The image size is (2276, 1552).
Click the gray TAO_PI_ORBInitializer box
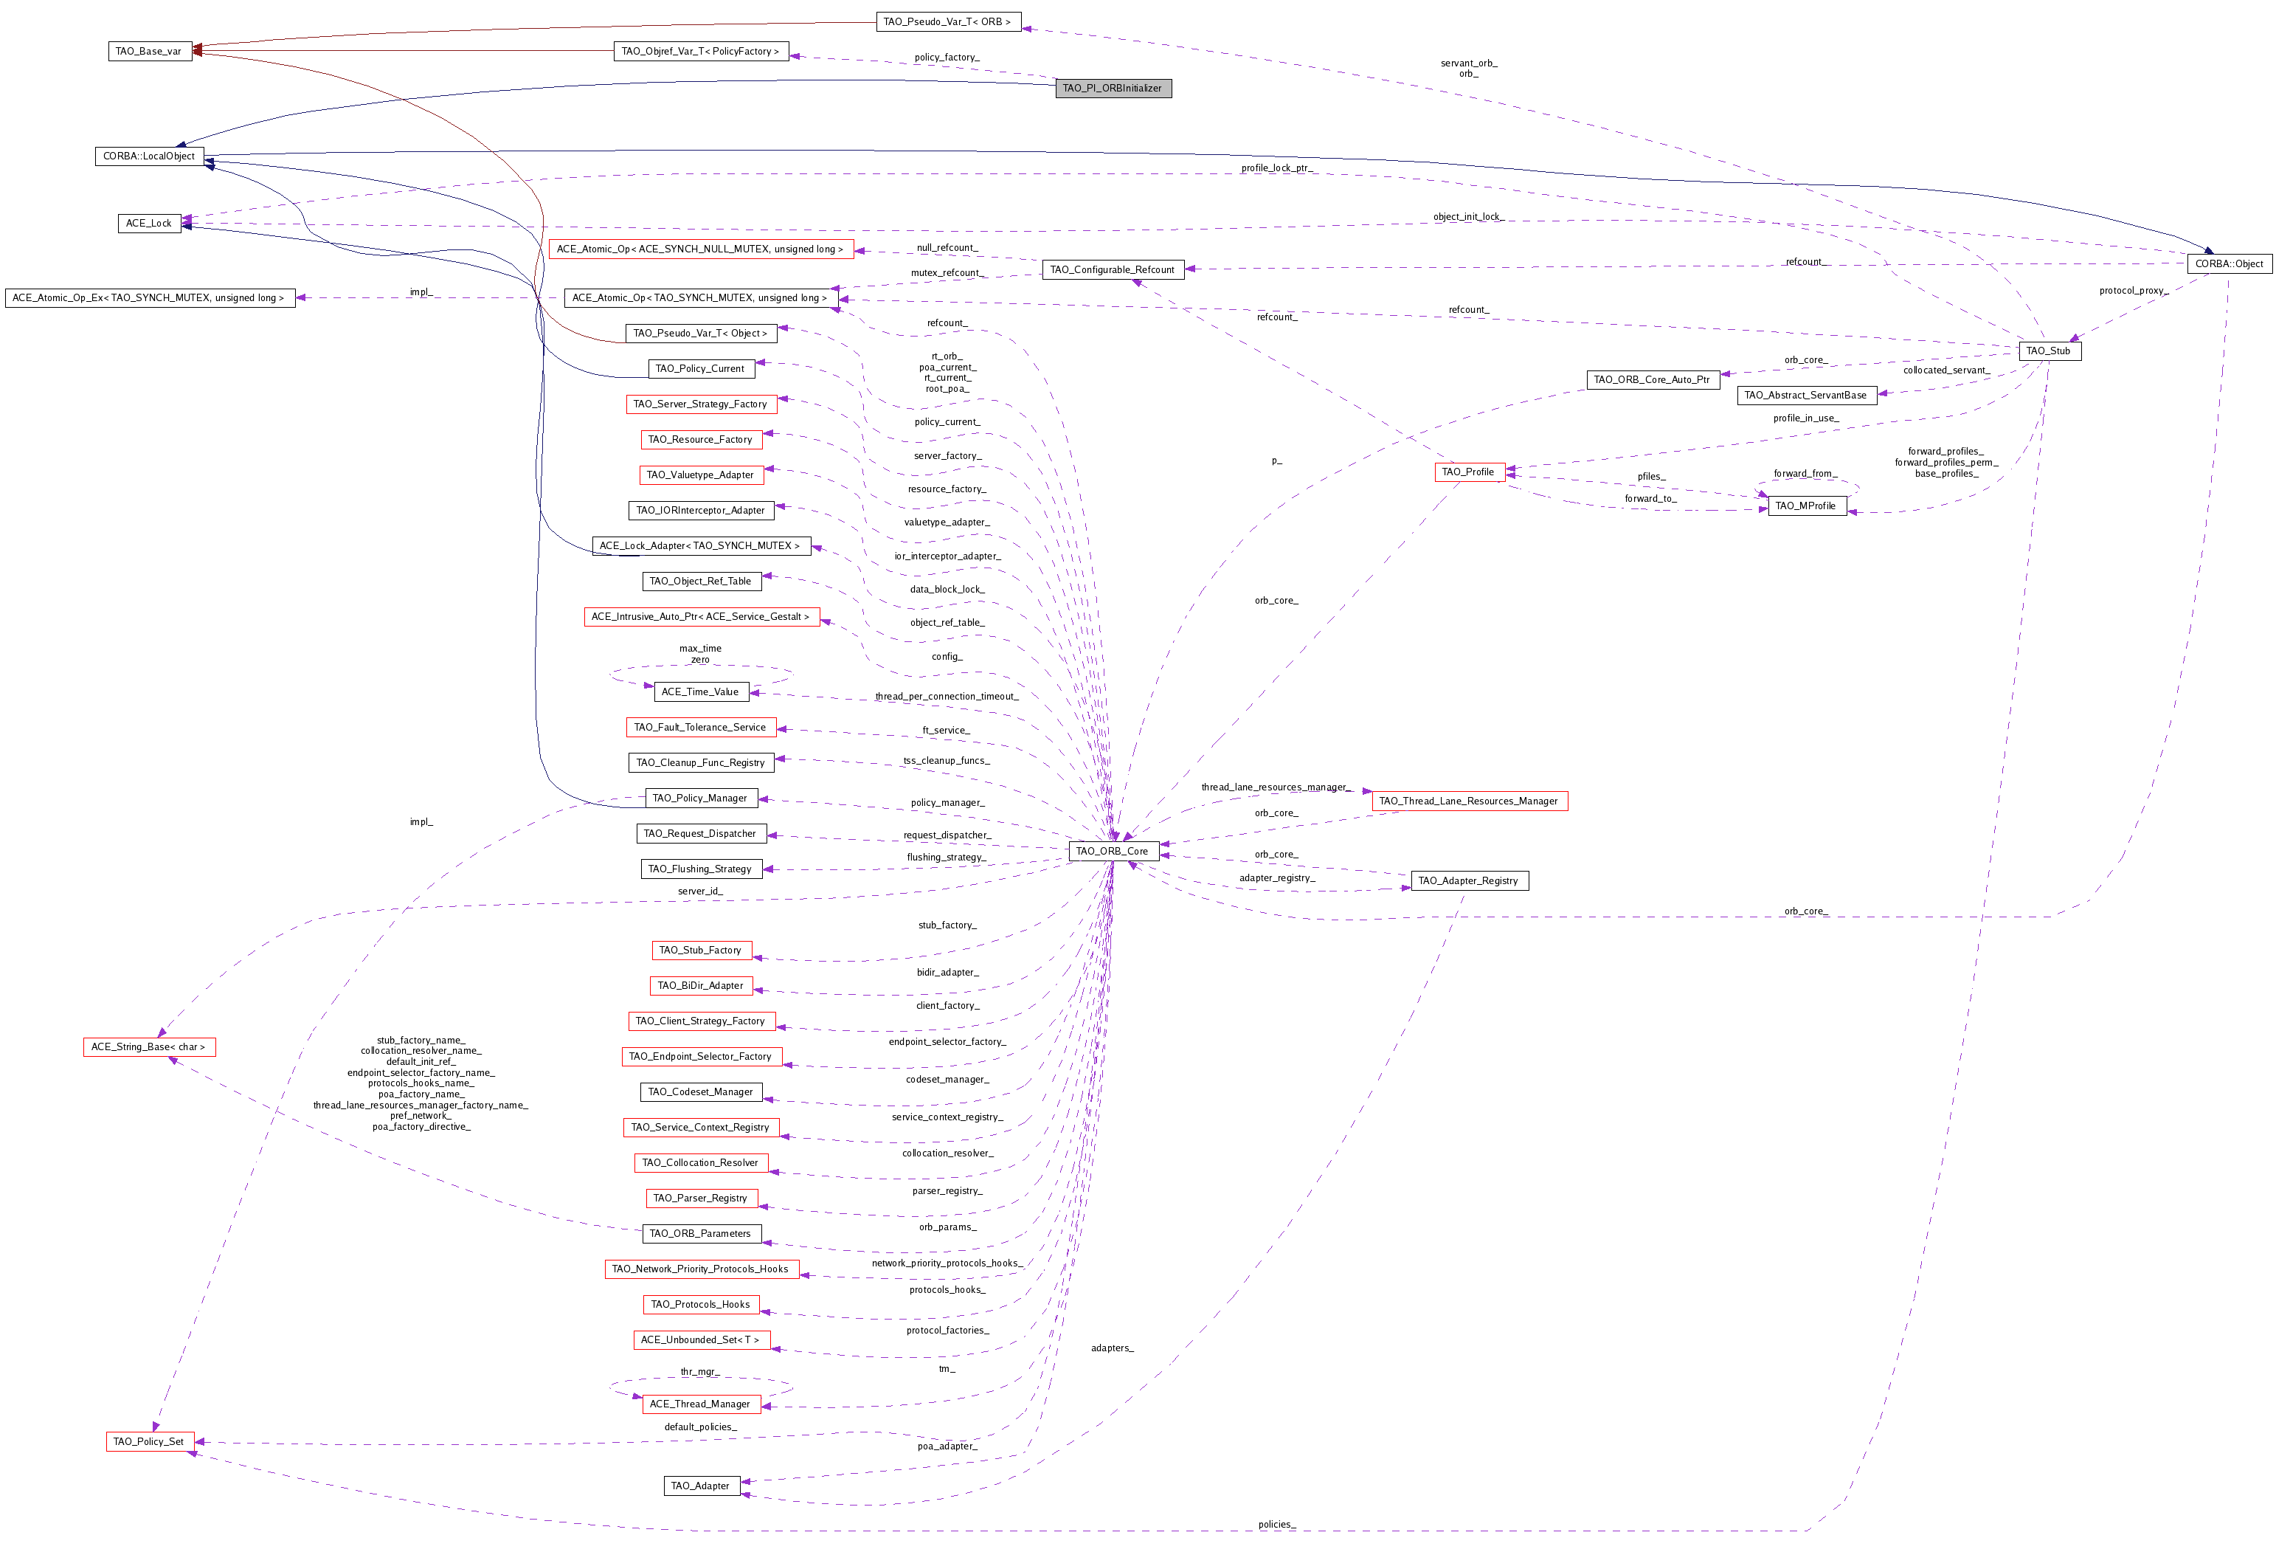pyautogui.click(x=1113, y=88)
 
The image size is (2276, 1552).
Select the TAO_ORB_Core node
pyautogui.click(x=1113, y=850)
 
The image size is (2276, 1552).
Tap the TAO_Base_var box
pyautogui.click(x=149, y=51)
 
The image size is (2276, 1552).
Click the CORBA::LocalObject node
pyautogui.click(x=149, y=156)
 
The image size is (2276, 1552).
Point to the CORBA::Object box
pyautogui.click(x=2229, y=263)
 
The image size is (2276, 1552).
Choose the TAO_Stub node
pyautogui.click(x=2049, y=351)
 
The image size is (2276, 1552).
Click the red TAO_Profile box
pyautogui.click(x=1468, y=472)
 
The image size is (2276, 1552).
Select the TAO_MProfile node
pyautogui.click(x=1806, y=506)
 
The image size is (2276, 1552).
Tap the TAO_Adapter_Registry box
pyautogui.click(x=1468, y=881)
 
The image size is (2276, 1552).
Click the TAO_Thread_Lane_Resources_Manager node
pyautogui.click(x=1468, y=801)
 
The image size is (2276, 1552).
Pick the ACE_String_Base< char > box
pyautogui.click(x=149, y=1047)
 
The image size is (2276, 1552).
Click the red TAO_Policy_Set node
pyautogui.click(x=149, y=1441)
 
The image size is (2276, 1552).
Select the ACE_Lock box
pyautogui.click(x=149, y=224)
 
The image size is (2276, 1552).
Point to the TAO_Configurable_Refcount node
pyautogui.click(x=1113, y=269)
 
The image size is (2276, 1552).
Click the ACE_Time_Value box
pyautogui.click(x=700, y=691)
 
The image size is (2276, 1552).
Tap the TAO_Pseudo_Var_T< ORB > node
pyautogui.click(x=947, y=21)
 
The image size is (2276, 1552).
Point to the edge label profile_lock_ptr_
pyautogui.click(x=1276, y=168)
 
